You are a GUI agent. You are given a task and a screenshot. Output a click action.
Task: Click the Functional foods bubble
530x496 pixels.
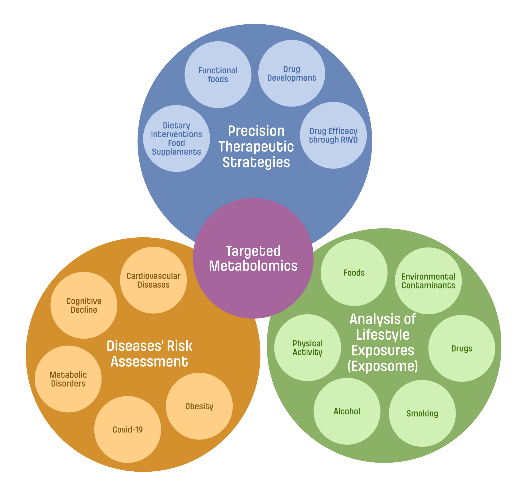218,75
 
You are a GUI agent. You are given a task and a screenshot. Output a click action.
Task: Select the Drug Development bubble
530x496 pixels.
292,73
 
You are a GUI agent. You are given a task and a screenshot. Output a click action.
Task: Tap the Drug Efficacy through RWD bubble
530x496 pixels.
333,135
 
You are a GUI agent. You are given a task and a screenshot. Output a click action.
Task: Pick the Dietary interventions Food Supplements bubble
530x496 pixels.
176,138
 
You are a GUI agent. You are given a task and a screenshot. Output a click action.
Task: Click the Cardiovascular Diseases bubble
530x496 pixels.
153,280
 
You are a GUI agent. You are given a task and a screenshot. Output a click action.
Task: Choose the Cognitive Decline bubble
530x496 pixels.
84,305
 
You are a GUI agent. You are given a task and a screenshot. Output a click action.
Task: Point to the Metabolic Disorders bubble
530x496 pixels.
68,379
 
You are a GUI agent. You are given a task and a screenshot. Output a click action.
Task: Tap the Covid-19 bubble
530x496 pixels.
128,429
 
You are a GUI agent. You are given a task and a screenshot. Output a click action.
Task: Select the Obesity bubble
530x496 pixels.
199,406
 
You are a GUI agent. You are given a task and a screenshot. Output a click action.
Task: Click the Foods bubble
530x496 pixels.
354,272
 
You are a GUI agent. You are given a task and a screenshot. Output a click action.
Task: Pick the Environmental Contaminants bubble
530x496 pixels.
428,281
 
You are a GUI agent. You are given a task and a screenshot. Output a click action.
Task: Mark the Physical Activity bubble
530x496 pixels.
307,348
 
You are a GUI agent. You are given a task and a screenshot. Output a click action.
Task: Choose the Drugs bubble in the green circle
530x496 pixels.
462,348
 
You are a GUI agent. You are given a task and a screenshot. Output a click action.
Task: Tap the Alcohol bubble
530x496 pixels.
347,411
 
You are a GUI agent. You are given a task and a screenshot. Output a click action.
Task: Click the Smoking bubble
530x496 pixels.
422,413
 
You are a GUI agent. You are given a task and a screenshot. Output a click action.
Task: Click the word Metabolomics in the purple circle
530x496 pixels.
253,266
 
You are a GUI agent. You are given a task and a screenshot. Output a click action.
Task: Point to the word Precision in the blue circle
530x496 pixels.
256,131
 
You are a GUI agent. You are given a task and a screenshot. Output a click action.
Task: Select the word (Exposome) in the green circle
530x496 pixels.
383,366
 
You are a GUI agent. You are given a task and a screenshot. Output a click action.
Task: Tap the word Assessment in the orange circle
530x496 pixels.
149,361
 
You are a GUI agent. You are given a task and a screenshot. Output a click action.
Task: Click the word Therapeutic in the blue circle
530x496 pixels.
256,147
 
